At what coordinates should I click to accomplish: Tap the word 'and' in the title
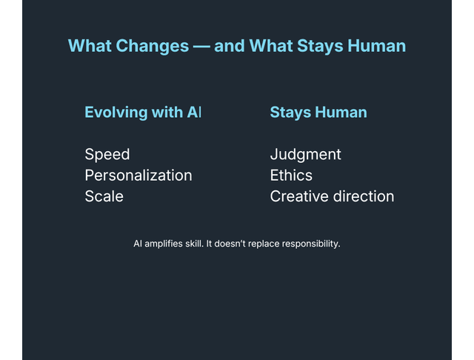230,46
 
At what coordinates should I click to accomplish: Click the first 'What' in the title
90,46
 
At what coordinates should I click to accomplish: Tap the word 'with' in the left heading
168,113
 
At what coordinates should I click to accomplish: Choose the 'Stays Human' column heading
318,113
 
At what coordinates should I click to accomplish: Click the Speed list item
107,154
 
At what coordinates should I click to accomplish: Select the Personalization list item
138,176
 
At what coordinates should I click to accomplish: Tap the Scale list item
104,196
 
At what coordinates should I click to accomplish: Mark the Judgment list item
305,154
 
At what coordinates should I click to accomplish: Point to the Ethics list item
291,176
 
